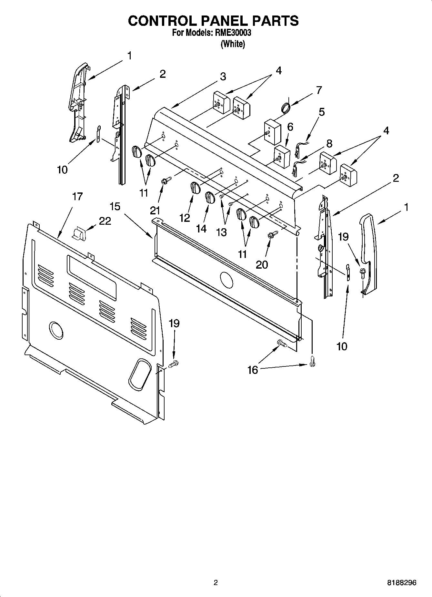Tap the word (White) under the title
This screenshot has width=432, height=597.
click(x=232, y=44)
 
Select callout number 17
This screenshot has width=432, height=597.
click(x=77, y=196)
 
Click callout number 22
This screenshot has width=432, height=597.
click(x=105, y=221)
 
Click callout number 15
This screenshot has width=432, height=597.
click(x=115, y=206)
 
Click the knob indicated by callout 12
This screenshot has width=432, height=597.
click(x=195, y=188)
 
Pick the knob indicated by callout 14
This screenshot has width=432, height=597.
click(x=210, y=197)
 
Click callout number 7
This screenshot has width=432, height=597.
click(x=319, y=90)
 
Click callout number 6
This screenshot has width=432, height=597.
click(x=290, y=127)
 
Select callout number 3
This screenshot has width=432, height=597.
click(x=223, y=77)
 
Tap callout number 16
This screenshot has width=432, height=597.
click(x=253, y=370)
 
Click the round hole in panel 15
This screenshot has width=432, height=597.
click(x=226, y=280)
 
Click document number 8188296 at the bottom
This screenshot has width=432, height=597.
click(x=402, y=583)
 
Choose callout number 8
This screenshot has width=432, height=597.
click(x=329, y=143)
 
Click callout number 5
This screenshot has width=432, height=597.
click(x=321, y=112)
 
